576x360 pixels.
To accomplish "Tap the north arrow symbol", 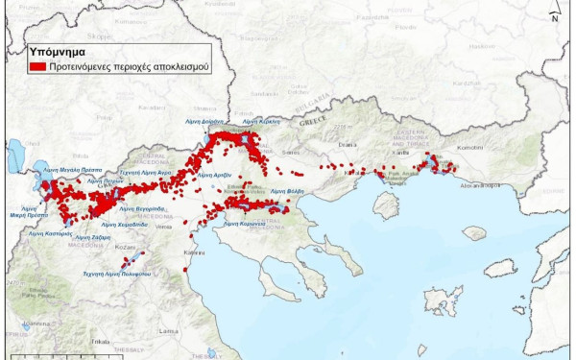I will click(555, 12).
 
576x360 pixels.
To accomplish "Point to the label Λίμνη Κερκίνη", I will click(261, 123).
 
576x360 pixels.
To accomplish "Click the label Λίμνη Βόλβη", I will click(287, 191).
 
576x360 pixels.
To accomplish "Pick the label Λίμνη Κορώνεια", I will click(244, 223).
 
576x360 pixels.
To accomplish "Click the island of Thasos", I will click(387, 204).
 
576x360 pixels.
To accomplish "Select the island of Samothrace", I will click(473, 232).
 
